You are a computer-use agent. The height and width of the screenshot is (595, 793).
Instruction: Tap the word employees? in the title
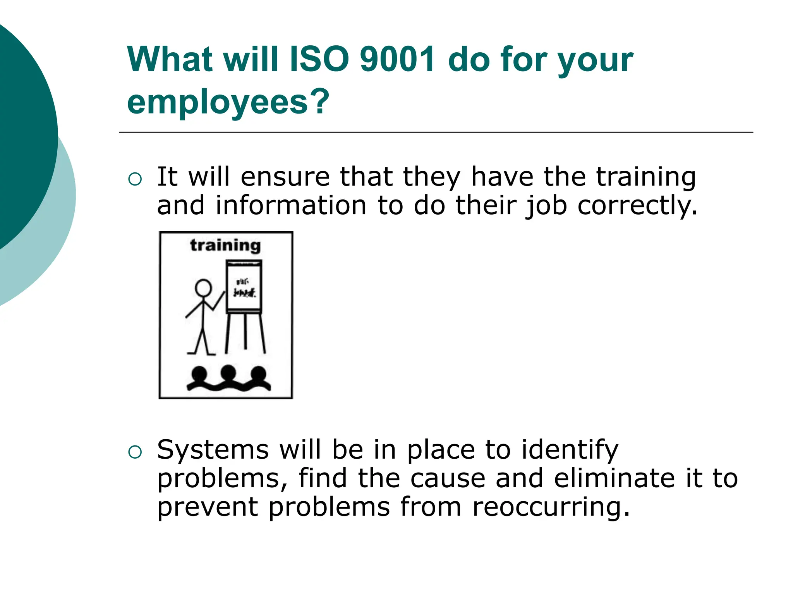(228, 102)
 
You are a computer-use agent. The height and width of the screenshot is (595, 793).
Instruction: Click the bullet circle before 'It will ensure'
(135, 179)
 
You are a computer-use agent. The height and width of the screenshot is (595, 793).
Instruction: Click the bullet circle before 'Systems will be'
(135, 452)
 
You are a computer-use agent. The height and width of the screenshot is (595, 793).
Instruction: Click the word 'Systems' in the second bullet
(213, 450)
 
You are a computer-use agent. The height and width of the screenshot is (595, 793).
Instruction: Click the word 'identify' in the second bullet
(570, 451)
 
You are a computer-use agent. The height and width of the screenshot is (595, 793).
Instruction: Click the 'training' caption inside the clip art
(225, 246)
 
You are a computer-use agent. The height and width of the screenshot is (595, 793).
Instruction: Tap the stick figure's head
(203, 288)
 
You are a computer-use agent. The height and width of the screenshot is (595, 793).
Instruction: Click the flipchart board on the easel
(244, 287)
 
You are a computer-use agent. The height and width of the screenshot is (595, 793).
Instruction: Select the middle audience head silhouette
(228, 373)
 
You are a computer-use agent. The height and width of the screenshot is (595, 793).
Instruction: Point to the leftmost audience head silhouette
(200, 374)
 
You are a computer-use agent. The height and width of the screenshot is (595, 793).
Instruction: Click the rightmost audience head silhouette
(258, 374)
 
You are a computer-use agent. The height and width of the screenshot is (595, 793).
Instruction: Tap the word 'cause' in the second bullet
(448, 479)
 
